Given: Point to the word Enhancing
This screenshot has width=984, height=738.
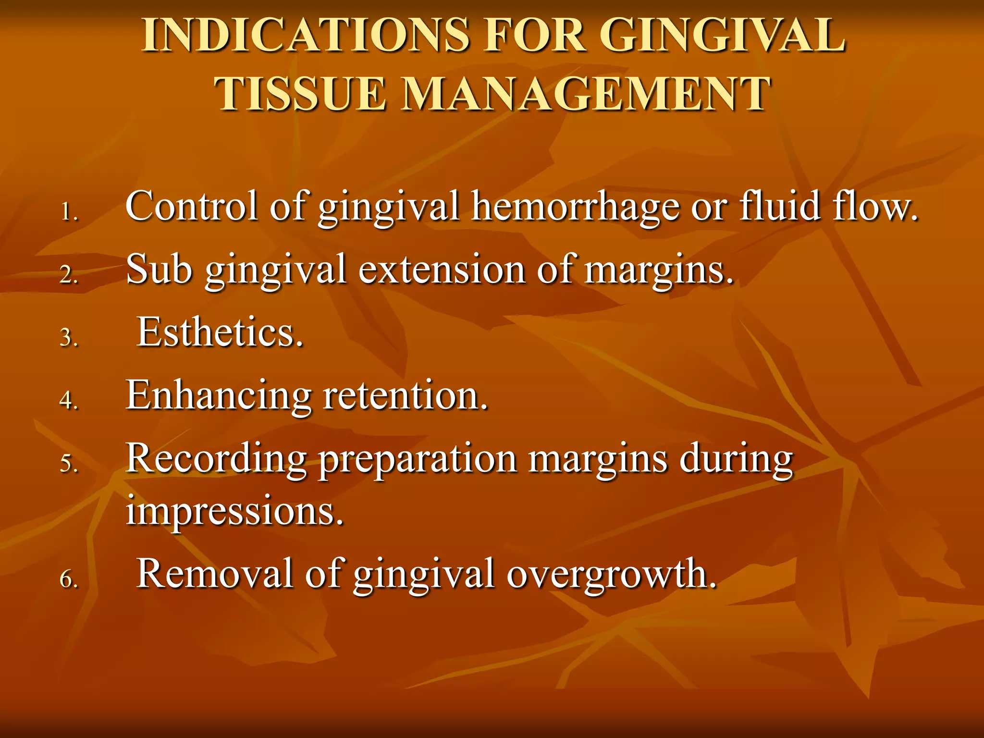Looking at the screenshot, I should [x=219, y=396].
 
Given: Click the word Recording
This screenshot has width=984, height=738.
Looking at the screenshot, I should [x=216, y=459].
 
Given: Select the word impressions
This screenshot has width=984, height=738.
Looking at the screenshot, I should [x=234, y=510].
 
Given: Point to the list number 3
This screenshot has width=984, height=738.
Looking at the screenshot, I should [x=69, y=338].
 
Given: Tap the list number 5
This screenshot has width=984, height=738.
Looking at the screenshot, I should [x=69, y=464].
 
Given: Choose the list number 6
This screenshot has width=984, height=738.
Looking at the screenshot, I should [x=69, y=579].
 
